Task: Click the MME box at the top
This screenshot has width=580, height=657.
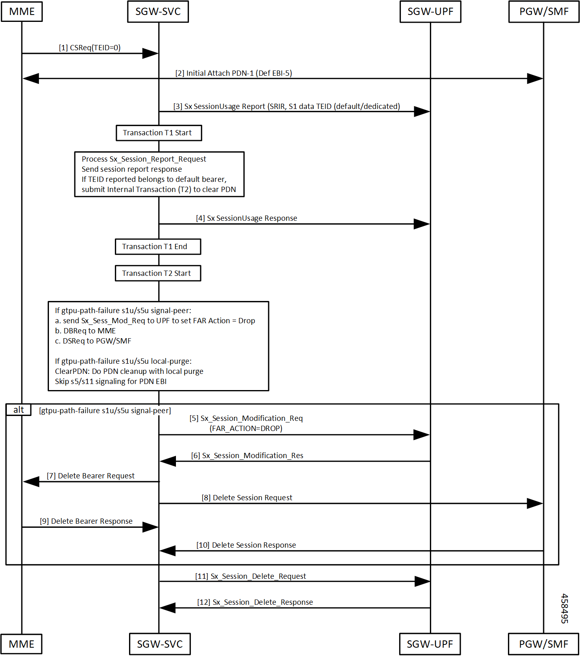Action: pyautogui.click(x=22, y=11)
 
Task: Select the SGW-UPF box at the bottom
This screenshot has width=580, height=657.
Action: pyautogui.click(x=430, y=644)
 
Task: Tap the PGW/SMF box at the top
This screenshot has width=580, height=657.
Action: pyautogui.click(x=544, y=11)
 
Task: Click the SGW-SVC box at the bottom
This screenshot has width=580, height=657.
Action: pyautogui.click(x=160, y=644)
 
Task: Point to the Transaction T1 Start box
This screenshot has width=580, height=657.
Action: pyautogui.click(x=159, y=133)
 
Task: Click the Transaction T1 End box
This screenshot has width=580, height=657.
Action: pyautogui.click(x=158, y=247)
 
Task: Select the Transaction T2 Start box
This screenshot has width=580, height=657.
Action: pyautogui.click(x=158, y=273)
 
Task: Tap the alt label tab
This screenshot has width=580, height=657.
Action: pyautogui.click(x=19, y=410)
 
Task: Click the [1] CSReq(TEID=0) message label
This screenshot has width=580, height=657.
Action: pyautogui.click(x=90, y=48)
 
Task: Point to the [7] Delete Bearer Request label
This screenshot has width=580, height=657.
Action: pyautogui.click(x=91, y=476)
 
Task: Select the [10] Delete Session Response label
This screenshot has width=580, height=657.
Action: pyautogui.click(x=246, y=545)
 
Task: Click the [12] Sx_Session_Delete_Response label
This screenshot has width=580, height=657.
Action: pyautogui.click(x=255, y=602)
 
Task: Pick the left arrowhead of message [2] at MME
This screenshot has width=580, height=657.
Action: pyautogui.click(x=31, y=79)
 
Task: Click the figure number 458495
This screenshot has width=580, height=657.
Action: pyautogui.click(x=565, y=608)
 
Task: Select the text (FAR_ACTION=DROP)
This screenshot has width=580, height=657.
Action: pyautogui.click(x=246, y=429)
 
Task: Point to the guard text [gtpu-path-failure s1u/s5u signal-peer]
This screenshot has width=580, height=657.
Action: pyautogui.click(x=105, y=411)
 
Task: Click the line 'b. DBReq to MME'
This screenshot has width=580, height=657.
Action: pyautogui.click(x=85, y=331)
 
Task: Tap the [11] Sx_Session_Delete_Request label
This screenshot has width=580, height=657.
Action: pyautogui.click(x=251, y=576)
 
